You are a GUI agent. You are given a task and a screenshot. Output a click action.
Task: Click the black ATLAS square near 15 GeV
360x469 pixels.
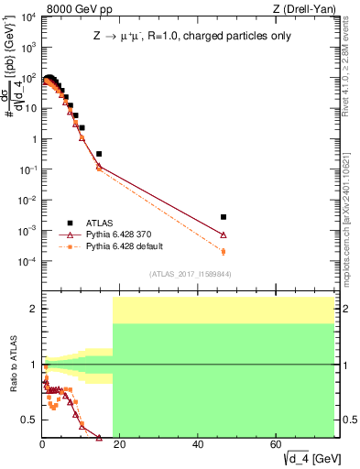99,154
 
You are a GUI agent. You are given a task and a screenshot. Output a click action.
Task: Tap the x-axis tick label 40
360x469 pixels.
198,443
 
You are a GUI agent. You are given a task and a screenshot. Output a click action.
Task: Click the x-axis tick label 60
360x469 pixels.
276,443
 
